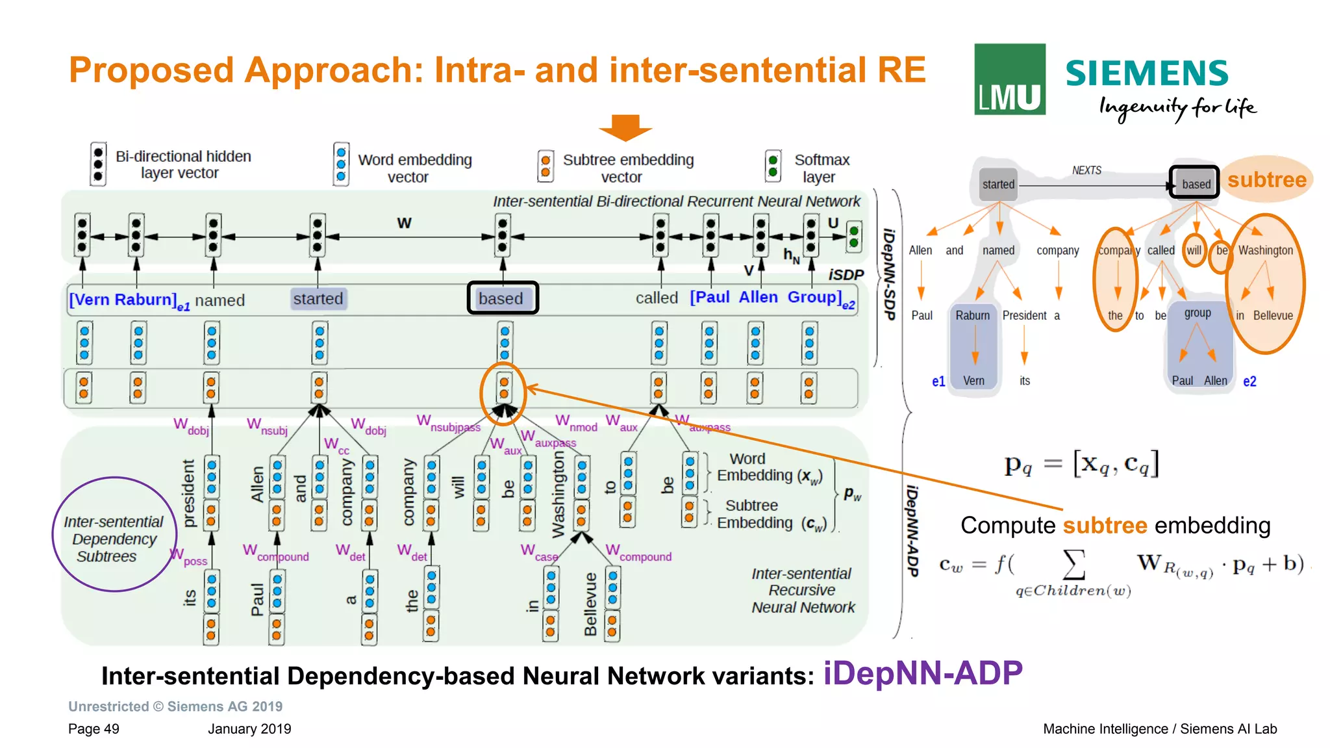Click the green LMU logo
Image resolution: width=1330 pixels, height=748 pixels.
[x=1009, y=79]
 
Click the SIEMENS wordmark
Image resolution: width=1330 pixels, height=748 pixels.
[x=1147, y=73]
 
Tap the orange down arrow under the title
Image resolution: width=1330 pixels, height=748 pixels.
[x=625, y=127]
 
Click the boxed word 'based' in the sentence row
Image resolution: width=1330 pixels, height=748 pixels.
[x=502, y=298]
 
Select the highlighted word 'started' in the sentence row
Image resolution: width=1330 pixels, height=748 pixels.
[x=318, y=299]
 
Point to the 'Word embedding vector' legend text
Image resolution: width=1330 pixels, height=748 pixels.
[x=414, y=168]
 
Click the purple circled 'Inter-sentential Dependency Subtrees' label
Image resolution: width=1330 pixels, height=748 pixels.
[x=114, y=538]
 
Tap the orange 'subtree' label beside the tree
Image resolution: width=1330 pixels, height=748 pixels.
[x=1266, y=179]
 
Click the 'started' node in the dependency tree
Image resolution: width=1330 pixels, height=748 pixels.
[x=998, y=185]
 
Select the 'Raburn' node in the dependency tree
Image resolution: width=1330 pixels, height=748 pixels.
[x=972, y=316]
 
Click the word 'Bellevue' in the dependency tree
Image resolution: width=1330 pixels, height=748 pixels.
[x=1272, y=316]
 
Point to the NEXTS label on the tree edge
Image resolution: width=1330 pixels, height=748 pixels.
[x=1086, y=170]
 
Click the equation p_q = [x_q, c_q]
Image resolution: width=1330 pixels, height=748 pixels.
[x=1081, y=464]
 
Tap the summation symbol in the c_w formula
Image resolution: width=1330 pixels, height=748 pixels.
[x=1073, y=563]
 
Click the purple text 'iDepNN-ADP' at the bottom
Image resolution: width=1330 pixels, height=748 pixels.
[x=922, y=673]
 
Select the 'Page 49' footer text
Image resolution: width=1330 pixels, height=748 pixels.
[x=94, y=729]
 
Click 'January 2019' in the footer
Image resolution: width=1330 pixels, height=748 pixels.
[x=249, y=729]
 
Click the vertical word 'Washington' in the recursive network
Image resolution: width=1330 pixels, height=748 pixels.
[x=558, y=495]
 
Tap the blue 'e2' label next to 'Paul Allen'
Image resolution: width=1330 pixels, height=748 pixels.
[x=1249, y=381]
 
